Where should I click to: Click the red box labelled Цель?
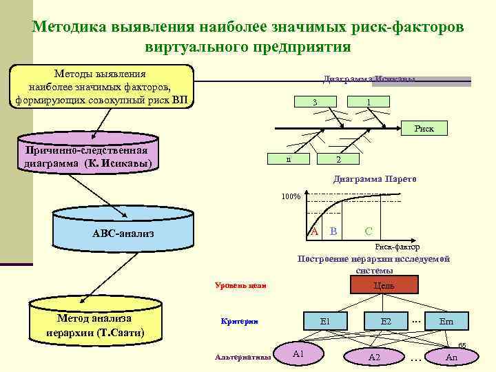384,285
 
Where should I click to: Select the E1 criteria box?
326,321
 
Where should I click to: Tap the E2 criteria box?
386,321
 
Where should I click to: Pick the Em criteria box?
446,321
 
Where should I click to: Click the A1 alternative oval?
298,353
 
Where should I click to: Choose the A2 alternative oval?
374,356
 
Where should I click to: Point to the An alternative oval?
451,356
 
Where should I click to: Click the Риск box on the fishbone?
424,127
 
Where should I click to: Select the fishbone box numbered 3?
314,103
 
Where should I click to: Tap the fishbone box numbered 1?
369,103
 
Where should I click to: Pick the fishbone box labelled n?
289,159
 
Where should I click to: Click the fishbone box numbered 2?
338,159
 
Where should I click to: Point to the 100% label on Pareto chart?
290,196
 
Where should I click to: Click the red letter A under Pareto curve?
313,231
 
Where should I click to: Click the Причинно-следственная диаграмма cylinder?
87,156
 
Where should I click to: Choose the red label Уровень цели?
240,285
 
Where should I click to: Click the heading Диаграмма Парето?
375,179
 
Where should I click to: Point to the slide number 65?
462,345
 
